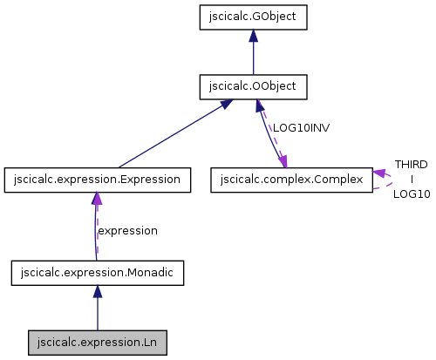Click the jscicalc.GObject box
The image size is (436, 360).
[x=253, y=16]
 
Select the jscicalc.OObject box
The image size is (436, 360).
[x=253, y=86]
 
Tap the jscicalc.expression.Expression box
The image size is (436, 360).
[x=97, y=180]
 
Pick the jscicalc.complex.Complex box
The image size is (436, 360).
[x=291, y=180]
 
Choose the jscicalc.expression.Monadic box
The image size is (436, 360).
[x=97, y=273]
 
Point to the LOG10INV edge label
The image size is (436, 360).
[x=301, y=127]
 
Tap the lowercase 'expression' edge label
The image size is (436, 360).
[x=127, y=231]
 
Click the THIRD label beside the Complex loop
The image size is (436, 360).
[x=411, y=164]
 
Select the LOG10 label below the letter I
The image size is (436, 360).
[x=411, y=194]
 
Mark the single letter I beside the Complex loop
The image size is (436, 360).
[x=411, y=179]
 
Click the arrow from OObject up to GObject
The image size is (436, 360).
[x=253, y=54]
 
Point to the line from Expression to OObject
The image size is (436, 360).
[x=170, y=135]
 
